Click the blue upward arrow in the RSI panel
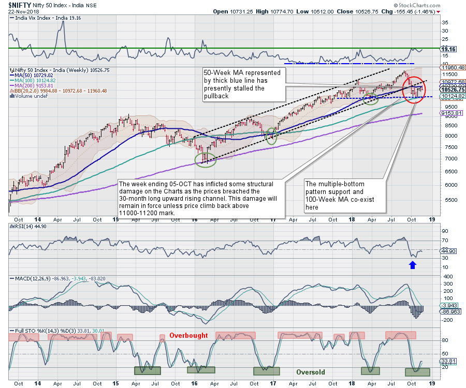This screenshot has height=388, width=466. click(412, 265)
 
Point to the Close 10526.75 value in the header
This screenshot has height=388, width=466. click(352, 11)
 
